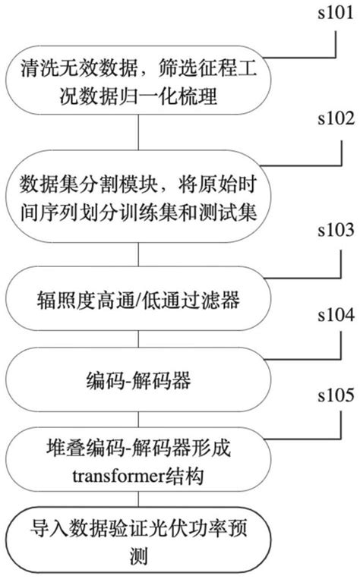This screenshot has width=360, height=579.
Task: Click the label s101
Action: [x=335, y=11]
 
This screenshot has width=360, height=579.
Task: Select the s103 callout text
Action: [x=335, y=250]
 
